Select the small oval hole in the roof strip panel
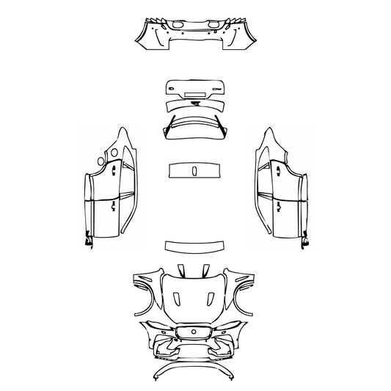point(195,170)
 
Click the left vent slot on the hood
point(177,298)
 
